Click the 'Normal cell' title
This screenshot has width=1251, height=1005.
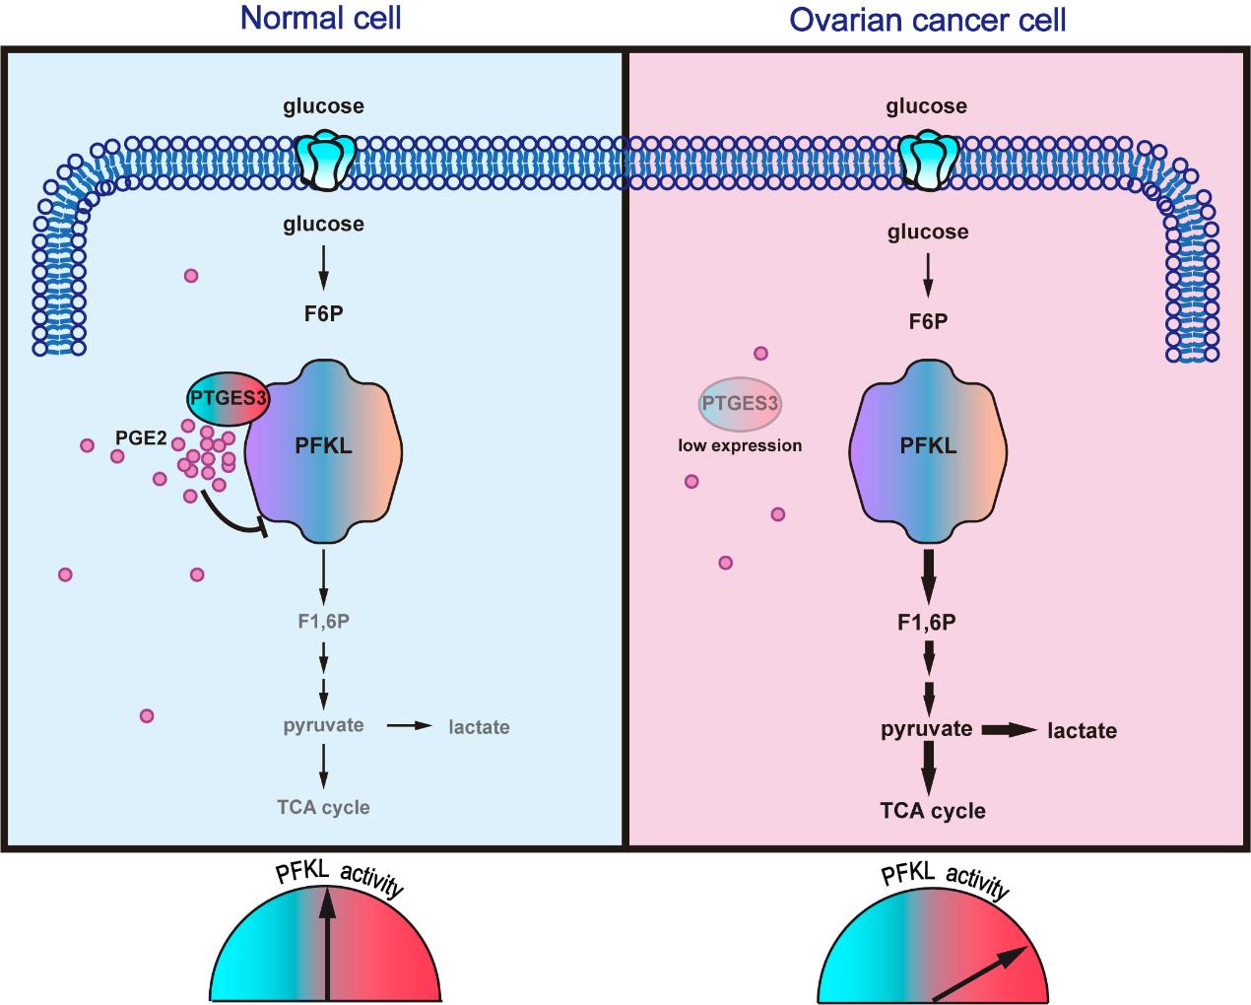[321, 18]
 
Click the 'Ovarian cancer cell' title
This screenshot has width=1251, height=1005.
[928, 20]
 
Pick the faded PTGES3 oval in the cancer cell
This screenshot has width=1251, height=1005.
[740, 404]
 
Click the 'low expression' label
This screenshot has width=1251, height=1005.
[740, 445]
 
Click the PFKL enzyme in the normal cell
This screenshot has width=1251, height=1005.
[324, 449]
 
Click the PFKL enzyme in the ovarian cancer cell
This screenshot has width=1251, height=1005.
[929, 449]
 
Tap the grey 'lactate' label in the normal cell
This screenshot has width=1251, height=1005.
[479, 727]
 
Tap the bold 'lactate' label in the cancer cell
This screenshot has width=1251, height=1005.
[1082, 731]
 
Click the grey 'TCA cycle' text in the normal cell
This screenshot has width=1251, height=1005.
[323, 807]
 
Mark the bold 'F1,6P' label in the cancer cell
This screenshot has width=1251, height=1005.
[928, 622]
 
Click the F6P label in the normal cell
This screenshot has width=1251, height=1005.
[323, 314]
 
